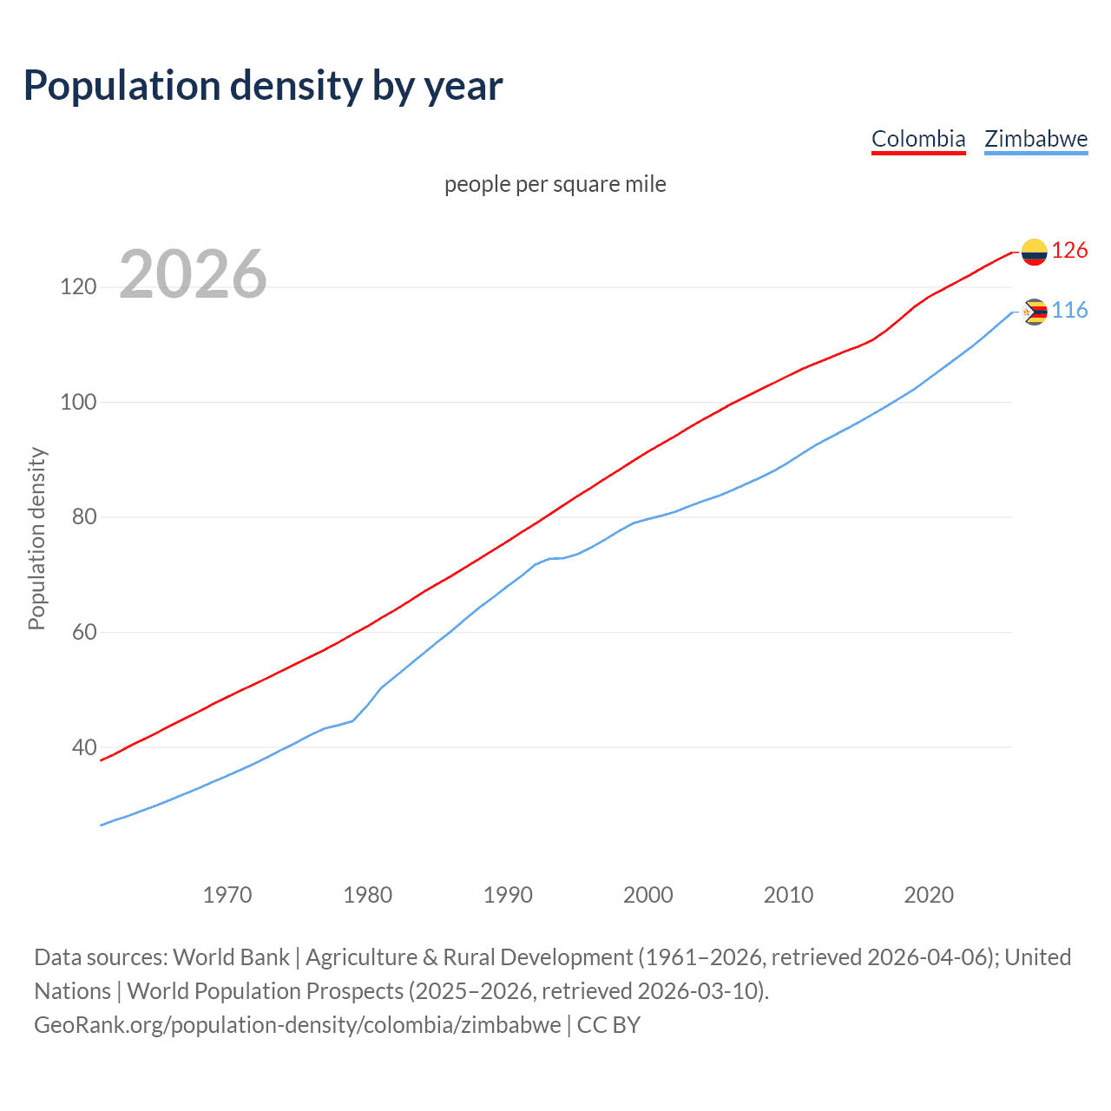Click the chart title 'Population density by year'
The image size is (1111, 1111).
tap(263, 86)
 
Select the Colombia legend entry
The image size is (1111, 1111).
tap(918, 139)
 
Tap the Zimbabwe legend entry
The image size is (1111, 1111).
tap(1035, 139)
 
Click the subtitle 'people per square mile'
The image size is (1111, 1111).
tap(555, 185)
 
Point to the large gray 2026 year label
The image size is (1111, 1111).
tap(193, 274)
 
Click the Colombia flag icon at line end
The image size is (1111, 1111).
tap(1034, 252)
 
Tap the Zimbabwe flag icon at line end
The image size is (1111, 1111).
tap(1034, 312)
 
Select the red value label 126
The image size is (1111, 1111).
tap(1069, 251)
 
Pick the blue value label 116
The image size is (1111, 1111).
tap(1069, 311)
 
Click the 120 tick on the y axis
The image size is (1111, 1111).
tap(78, 286)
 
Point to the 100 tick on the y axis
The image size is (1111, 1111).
tap(78, 402)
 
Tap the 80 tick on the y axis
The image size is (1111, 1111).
tap(84, 517)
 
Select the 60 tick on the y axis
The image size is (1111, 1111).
tap(84, 632)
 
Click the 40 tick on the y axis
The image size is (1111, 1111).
tap(84, 747)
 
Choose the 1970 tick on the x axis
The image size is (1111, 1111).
tap(227, 895)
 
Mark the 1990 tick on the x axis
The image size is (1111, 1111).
tap(508, 895)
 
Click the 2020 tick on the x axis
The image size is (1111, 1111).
tap(929, 895)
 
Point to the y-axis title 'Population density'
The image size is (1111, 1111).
tap(36, 538)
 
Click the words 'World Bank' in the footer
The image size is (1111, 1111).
tap(231, 957)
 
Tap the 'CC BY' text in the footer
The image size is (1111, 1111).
tap(608, 1025)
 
